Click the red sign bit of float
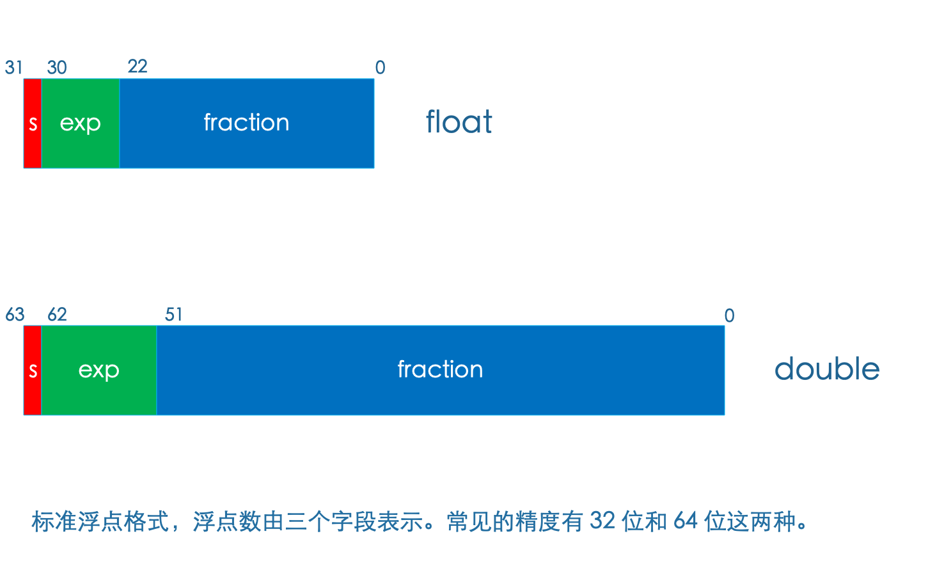coord(33,123)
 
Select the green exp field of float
coord(81,123)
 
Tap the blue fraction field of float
coord(247,123)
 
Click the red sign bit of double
coord(33,370)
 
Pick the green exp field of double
coord(99,370)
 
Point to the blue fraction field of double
coord(441,370)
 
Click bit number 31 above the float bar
coord(13,67)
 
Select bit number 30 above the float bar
coord(57,67)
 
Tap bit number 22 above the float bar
coord(138,66)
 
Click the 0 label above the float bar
coord(380,67)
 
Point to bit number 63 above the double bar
coord(15,314)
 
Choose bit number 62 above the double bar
coord(57,314)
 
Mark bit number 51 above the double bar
coord(173,314)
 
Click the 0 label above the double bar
coord(730,315)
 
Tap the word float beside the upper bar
coord(459,122)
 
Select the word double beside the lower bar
coord(827,368)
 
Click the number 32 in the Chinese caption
coord(602,521)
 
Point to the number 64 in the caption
coord(686,521)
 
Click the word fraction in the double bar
coord(441,369)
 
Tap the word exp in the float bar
coord(81,124)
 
